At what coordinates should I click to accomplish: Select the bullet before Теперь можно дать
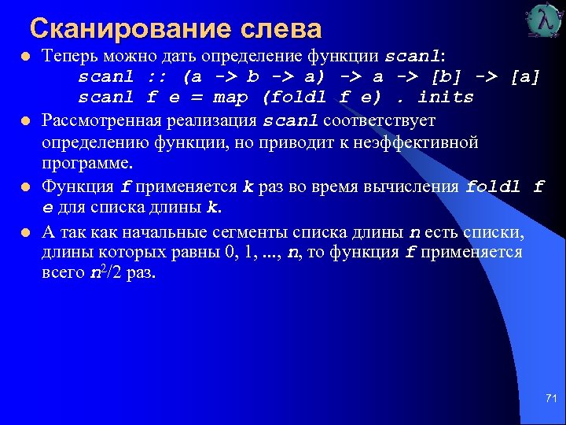click(26, 57)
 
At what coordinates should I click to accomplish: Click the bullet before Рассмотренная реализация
click(26, 122)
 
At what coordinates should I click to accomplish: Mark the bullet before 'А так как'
click(26, 233)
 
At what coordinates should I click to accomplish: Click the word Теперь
click(68, 57)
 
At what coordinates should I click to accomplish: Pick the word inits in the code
click(446, 98)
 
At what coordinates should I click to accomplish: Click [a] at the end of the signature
click(525, 77)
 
